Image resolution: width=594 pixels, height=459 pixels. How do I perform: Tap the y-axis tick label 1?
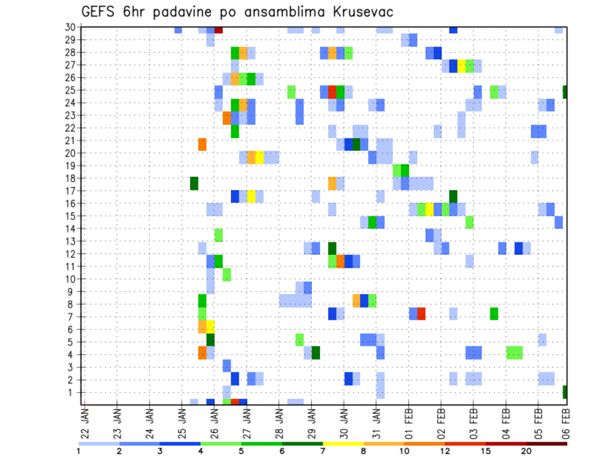(72, 392)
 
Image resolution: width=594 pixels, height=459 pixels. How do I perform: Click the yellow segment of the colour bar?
(343, 444)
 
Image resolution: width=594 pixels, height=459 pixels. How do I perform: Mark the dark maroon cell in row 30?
(218, 30)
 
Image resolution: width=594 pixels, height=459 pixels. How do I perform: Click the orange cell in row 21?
(202, 144)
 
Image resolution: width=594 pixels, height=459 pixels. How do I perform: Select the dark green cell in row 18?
(194, 183)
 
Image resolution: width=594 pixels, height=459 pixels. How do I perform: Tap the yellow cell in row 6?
(210, 326)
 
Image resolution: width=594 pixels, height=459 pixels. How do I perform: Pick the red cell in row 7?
(421, 314)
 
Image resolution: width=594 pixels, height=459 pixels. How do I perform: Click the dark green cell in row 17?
(453, 196)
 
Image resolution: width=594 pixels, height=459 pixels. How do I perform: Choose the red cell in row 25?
(332, 92)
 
